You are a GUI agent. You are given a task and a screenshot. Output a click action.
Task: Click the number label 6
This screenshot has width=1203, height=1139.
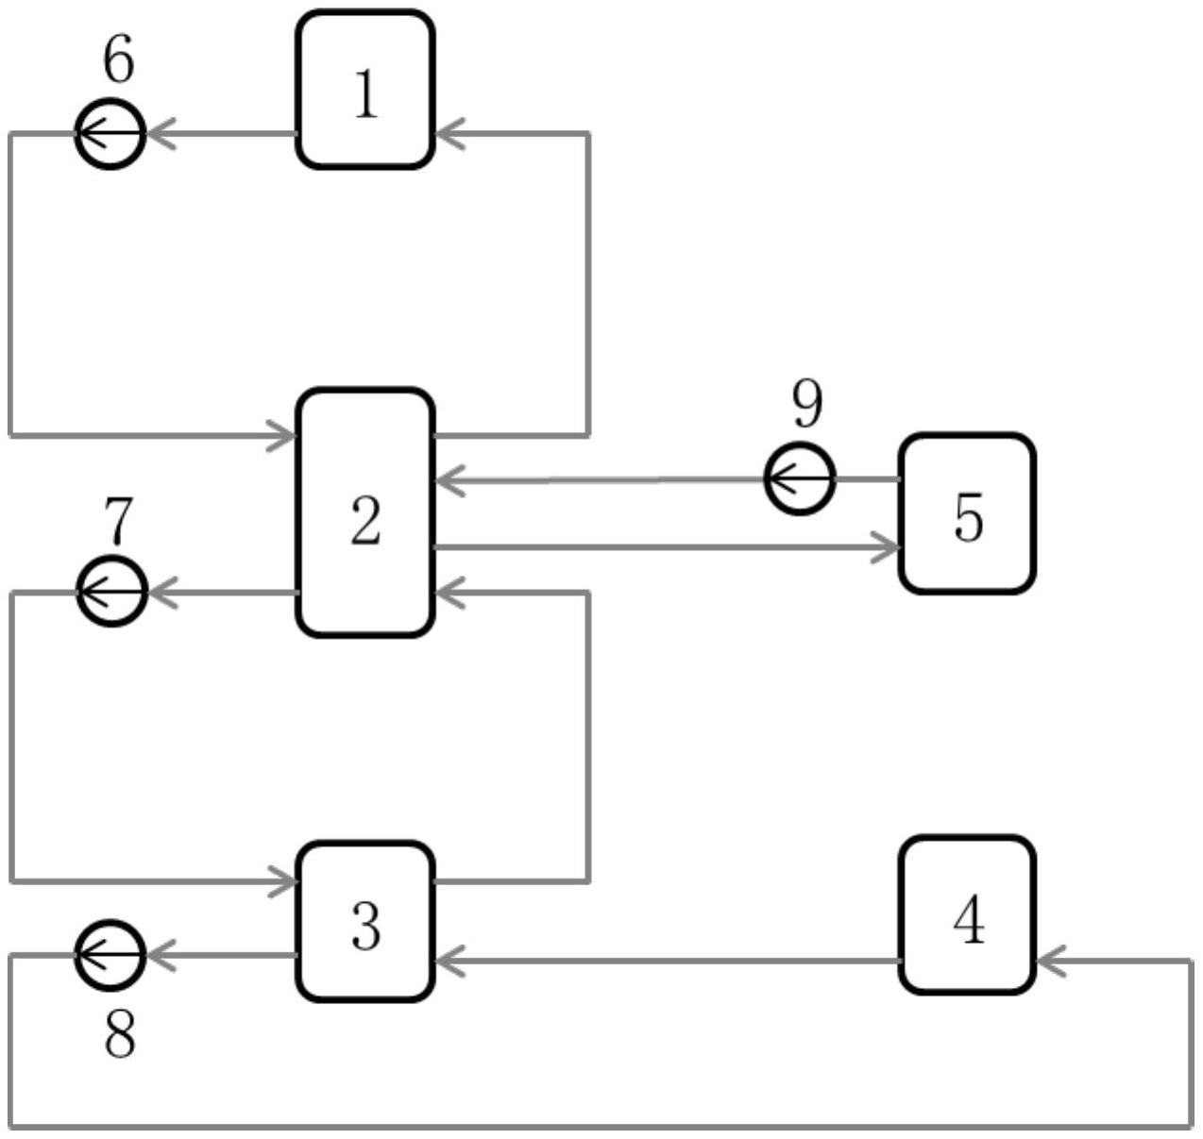(x=118, y=59)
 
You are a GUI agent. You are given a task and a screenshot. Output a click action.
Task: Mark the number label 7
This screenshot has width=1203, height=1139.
(x=118, y=520)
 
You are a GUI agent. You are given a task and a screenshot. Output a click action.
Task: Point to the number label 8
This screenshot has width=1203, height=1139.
(x=119, y=1034)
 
